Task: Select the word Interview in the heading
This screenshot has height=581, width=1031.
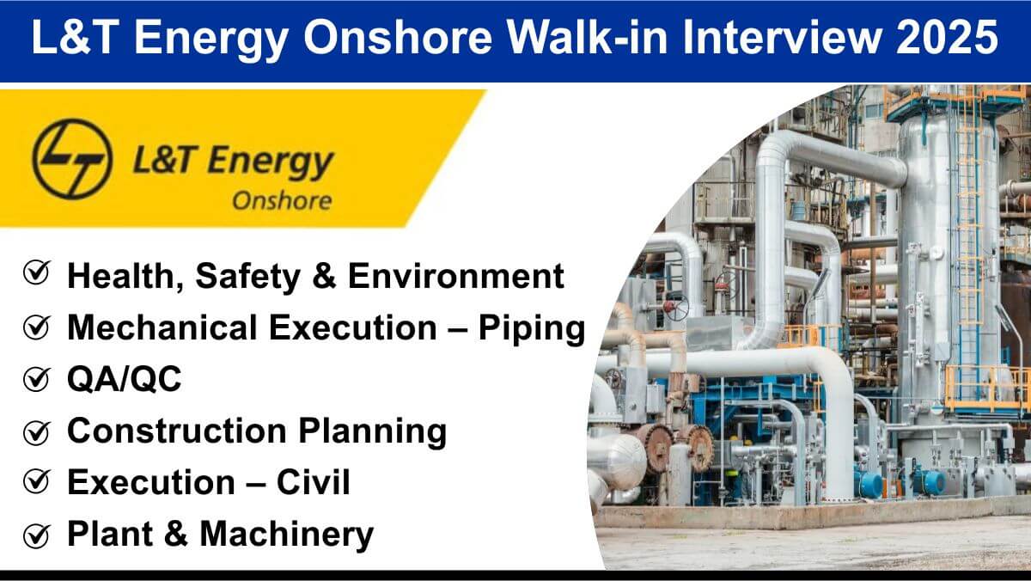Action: coord(781,37)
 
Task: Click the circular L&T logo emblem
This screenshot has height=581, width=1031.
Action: coord(72,159)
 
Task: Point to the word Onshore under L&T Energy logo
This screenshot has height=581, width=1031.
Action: coord(282,201)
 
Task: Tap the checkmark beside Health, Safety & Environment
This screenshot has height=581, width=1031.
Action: coord(37,272)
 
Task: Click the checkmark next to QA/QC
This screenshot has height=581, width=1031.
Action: coord(37,379)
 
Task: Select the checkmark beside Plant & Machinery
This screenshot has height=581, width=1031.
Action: coord(37,535)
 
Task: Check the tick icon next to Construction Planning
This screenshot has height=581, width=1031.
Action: coord(37,432)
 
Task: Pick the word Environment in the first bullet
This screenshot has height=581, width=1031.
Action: coord(455,276)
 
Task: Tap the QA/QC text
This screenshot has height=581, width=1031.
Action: coord(125,379)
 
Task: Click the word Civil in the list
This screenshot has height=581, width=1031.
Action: coord(313,482)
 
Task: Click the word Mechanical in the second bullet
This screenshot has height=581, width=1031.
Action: coord(162,327)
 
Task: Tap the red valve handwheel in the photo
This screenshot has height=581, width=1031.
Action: coord(675,307)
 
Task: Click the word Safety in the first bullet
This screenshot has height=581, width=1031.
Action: coord(247,277)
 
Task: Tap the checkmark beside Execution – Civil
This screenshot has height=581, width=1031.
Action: coord(37,482)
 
